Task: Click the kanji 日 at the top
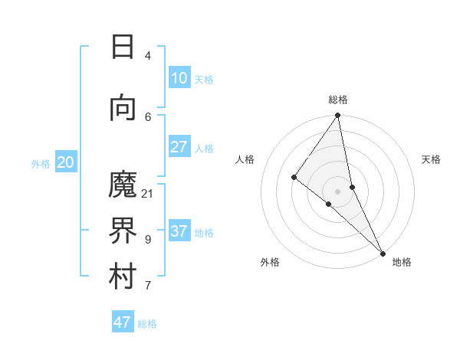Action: [123, 47]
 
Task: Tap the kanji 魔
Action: [123, 185]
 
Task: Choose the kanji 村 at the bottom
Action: [123, 277]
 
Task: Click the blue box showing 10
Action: [179, 78]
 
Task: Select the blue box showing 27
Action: [179, 147]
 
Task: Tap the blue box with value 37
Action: [179, 231]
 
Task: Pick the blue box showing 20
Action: [66, 162]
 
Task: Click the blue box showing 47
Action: [122, 322]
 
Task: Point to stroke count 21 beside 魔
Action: [148, 193]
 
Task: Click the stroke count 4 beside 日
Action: [148, 55]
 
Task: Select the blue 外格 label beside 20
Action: [41, 163]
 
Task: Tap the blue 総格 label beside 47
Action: [147, 324]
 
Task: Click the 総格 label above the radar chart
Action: [338, 100]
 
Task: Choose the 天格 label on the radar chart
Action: [431, 159]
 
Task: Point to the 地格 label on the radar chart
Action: [402, 262]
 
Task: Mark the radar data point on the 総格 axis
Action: [337, 116]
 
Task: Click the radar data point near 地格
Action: [382, 253]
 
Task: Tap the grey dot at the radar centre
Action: [337, 191]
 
